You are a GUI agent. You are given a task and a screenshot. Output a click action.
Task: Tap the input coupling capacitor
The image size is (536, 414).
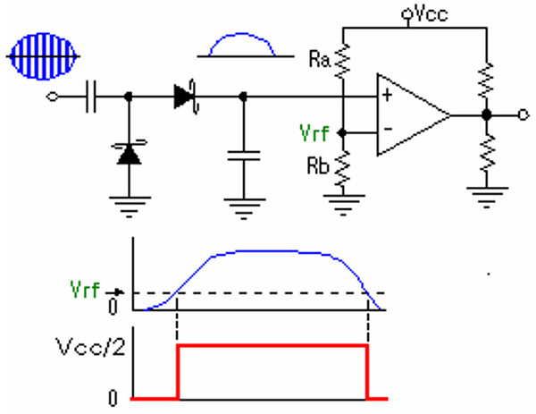[90, 95]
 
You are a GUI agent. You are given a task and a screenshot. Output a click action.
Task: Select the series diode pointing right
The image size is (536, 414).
[186, 95]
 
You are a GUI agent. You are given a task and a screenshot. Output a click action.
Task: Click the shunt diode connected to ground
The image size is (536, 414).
[130, 155]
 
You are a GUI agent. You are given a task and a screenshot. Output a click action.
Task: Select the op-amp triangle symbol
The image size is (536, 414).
[411, 114]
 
